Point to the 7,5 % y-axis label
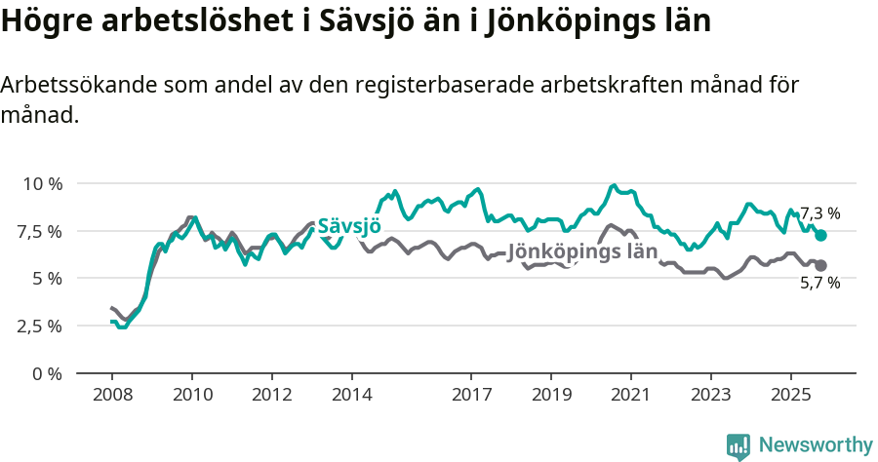coord(41,231)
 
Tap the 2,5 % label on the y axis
coord(41,326)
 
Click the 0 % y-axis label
coord(48,373)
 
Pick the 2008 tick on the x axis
coord(112,396)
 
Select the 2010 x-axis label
coord(192,396)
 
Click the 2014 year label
coord(351,396)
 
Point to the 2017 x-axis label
coord(471,396)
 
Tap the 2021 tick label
coord(631,396)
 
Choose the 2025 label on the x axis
coord(790,396)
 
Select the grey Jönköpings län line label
coord(582,250)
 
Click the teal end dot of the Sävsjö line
coord(820,236)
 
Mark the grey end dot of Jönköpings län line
coord(820,265)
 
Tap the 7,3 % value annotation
coord(819,213)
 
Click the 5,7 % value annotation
coord(819,284)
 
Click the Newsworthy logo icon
coord(738,446)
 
